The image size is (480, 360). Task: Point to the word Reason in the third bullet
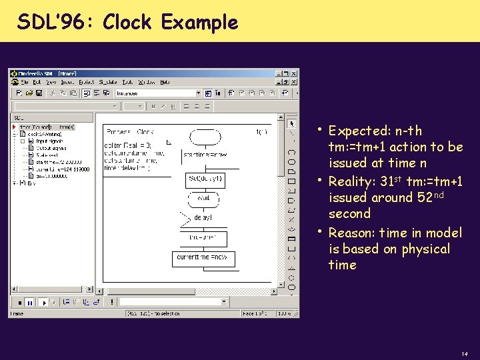click(x=352, y=233)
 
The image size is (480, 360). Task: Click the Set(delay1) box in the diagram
click(x=205, y=179)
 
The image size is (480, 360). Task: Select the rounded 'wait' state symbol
click(x=205, y=198)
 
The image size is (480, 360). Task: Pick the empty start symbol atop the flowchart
click(x=205, y=136)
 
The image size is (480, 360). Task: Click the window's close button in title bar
click(x=294, y=73)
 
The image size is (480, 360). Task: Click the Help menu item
click(x=165, y=83)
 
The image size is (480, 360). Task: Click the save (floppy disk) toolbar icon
click(x=39, y=93)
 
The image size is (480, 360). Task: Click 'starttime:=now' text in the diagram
click(x=203, y=155)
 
